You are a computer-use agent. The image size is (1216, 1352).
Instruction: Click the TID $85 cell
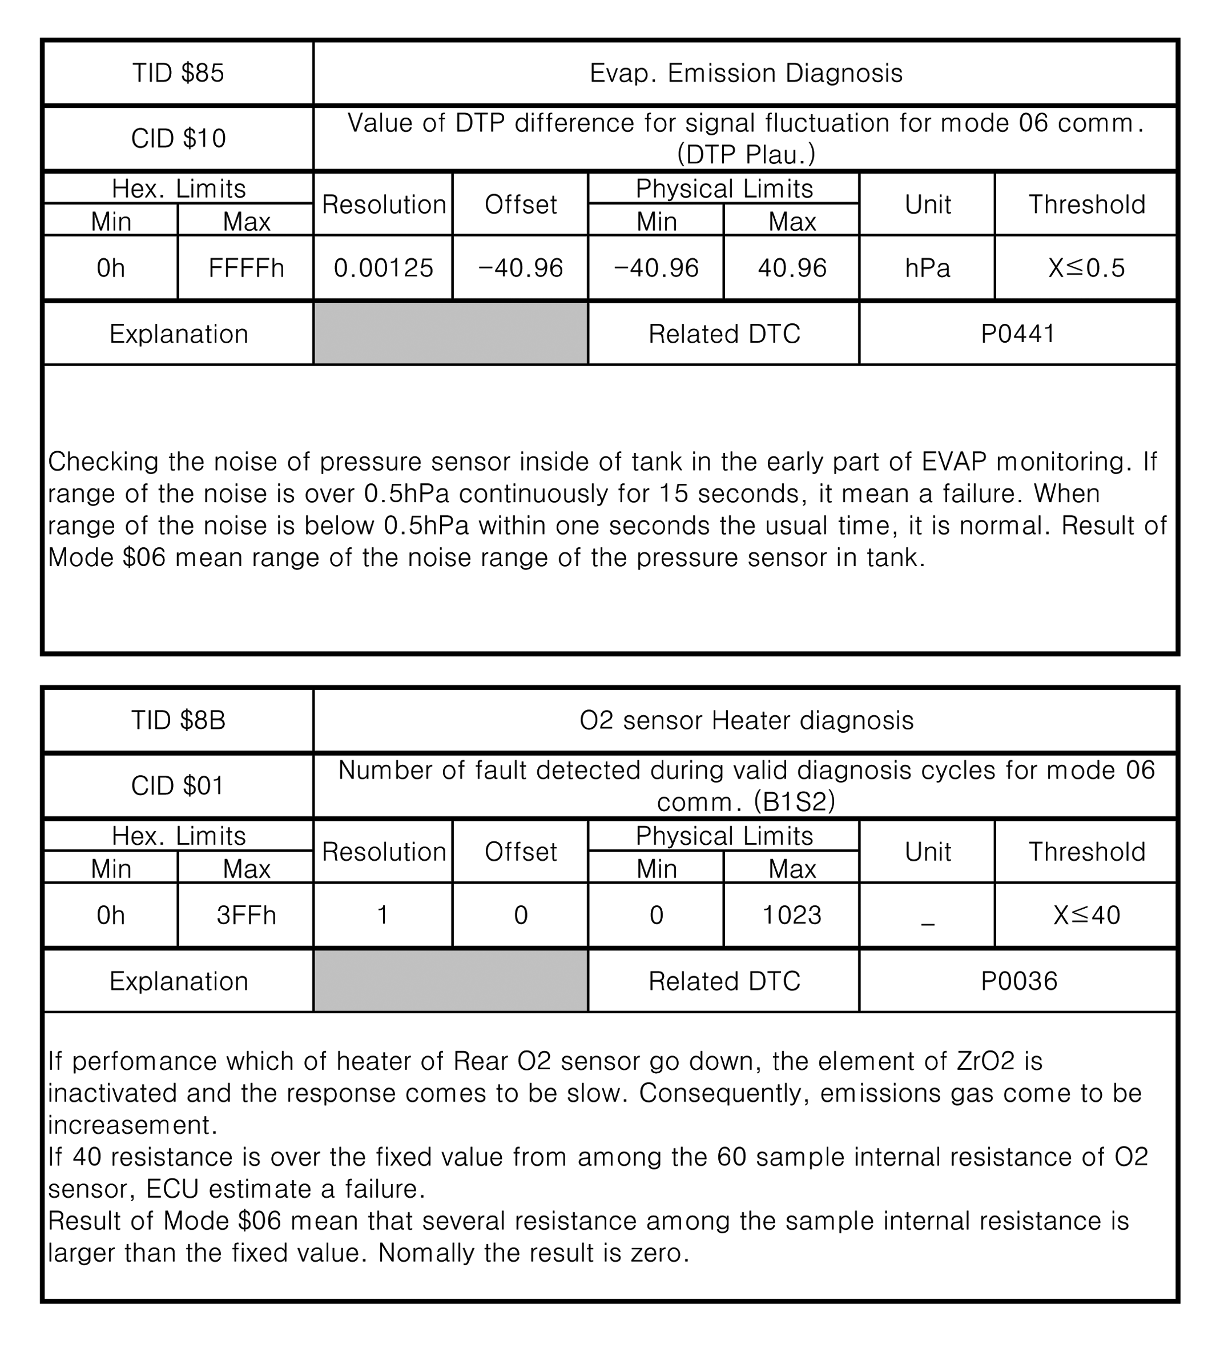pos(178,73)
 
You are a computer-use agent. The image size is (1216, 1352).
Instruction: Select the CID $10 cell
pos(178,138)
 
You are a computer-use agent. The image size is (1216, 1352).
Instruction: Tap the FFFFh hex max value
pos(246,268)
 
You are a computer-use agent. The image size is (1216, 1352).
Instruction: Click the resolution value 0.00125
pos(384,268)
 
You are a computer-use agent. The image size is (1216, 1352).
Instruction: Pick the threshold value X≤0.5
pos(1086,268)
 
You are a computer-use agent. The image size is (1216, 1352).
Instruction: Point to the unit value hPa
pos(927,268)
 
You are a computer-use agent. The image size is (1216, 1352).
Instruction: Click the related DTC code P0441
pos(1017,334)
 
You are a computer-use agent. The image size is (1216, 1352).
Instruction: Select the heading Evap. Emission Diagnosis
pos(746,73)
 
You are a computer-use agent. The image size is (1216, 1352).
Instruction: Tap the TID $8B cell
pos(178,720)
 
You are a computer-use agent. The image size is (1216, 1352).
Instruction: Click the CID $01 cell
pos(178,785)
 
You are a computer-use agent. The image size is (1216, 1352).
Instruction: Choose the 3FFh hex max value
pos(246,915)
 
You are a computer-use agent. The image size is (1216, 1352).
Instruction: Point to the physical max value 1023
pos(792,915)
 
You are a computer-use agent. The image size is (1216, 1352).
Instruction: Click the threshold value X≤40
pos(1086,915)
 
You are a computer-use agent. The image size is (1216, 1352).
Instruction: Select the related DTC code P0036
pos(1019,980)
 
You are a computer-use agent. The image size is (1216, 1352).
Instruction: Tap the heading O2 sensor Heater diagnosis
pos(746,720)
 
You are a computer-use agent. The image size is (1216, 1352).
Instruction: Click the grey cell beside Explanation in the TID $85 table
pos(450,334)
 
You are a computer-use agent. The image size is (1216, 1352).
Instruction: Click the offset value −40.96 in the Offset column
pos(521,268)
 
